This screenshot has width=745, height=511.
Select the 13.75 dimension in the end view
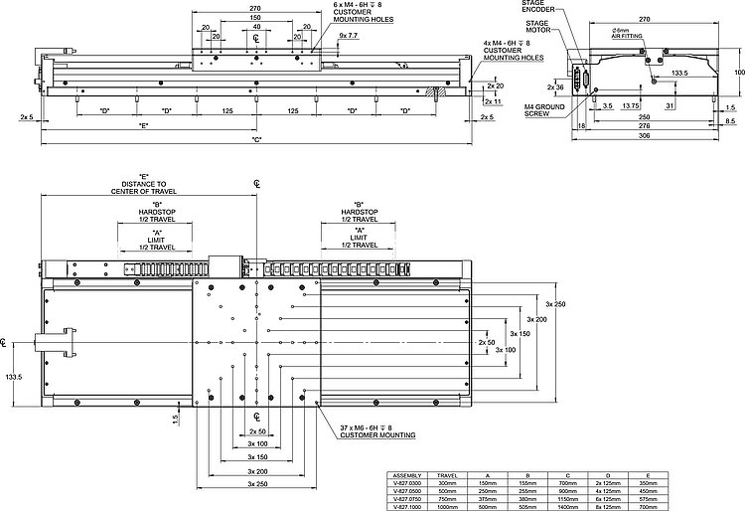point(630,104)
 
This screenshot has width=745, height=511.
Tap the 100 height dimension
point(738,72)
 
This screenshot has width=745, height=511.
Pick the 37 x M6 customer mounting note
point(374,431)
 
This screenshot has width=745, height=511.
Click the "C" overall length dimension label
point(256,139)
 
